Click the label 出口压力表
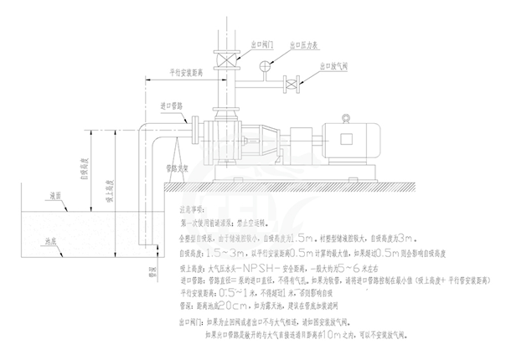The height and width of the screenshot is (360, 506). point(303,45)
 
